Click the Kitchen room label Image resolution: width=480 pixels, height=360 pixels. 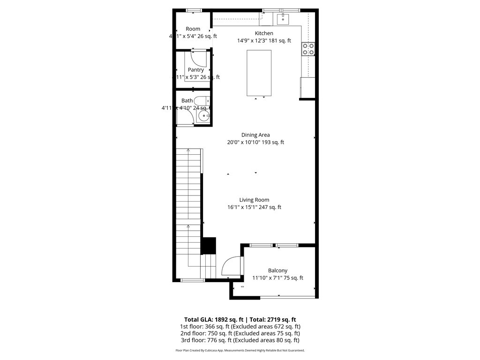pyautogui.click(x=264, y=33)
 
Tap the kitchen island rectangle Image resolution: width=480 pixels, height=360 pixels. pyautogui.click(x=259, y=73)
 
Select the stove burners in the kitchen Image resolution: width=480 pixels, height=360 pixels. pyautogui.click(x=308, y=49)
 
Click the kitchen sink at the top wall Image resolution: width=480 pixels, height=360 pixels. pyautogui.click(x=283, y=19)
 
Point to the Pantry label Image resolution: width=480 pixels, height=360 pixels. pyautogui.click(x=196, y=70)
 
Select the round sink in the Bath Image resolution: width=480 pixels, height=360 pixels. pyautogui.click(x=203, y=116)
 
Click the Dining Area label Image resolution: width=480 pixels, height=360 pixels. pyautogui.click(x=255, y=135)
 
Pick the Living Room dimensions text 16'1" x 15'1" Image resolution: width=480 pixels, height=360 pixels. pyautogui.click(x=254, y=207)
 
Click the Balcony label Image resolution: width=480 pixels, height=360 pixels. pyautogui.click(x=277, y=270)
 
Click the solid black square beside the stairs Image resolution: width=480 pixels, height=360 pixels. pyautogui.click(x=209, y=246)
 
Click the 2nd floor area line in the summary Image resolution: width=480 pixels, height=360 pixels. pyautogui.click(x=240, y=333)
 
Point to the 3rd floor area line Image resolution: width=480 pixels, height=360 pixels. pyautogui.click(x=240, y=340)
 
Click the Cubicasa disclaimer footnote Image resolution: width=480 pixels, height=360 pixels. pyautogui.click(x=240, y=351)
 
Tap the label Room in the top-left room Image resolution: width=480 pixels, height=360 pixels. pyautogui.click(x=193, y=29)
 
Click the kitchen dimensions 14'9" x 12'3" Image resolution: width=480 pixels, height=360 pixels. pyautogui.click(x=264, y=41)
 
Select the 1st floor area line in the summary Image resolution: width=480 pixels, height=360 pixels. pyautogui.click(x=240, y=326)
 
